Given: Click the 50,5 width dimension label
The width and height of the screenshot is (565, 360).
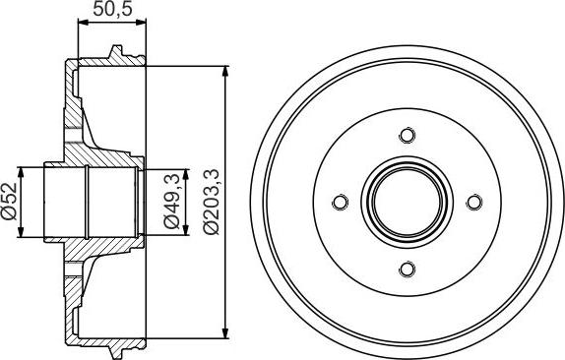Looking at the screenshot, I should pos(110,12).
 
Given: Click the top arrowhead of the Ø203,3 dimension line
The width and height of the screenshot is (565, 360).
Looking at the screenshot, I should pos(227,72).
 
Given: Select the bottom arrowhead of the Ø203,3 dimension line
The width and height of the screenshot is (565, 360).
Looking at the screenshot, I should pos(227,333).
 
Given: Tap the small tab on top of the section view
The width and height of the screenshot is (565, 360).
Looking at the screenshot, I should pos(116,51).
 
